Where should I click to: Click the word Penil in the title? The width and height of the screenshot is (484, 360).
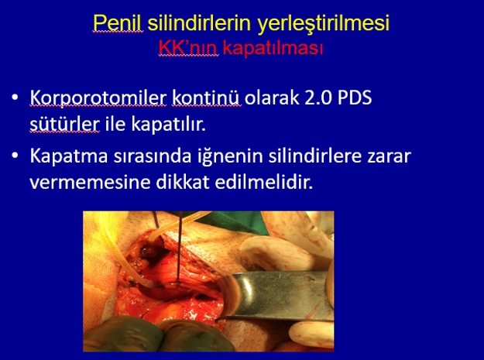118,22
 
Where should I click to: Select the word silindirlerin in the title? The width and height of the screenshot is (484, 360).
199,22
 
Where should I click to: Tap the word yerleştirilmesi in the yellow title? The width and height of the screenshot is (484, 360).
324,23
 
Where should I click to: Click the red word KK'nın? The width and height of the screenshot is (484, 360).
188,48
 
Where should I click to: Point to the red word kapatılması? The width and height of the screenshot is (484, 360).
273,49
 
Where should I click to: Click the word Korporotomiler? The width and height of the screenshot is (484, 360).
98,98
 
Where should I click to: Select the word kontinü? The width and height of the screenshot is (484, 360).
206,98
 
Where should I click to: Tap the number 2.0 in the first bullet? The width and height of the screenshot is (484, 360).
318,98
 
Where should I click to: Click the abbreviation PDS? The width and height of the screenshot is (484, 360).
355,98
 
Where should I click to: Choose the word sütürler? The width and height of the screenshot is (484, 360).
64,124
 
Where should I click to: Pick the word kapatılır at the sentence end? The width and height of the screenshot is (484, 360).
168,125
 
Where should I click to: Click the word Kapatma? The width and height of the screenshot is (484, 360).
69,156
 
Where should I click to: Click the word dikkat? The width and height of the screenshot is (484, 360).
183,182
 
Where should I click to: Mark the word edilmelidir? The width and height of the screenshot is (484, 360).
264,182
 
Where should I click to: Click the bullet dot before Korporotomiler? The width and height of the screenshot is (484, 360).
15,98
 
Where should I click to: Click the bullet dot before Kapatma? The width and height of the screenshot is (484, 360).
15,156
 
